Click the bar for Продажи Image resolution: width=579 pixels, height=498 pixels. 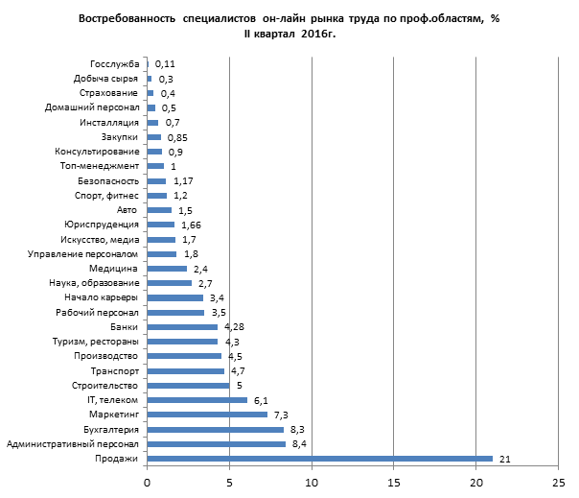[x=319, y=459]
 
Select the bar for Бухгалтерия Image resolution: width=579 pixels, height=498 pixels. [x=216, y=429]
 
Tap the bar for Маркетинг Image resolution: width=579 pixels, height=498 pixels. [x=207, y=415]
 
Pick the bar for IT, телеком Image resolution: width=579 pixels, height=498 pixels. [x=197, y=400]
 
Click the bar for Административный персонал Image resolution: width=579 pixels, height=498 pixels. [x=217, y=444]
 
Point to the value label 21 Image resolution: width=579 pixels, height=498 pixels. [x=504, y=460]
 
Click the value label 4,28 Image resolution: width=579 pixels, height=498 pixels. [x=235, y=327]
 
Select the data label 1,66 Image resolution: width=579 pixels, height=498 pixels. [x=191, y=225]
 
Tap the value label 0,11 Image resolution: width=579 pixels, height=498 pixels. [x=165, y=63]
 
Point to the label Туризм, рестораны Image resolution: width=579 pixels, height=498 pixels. [x=96, y=342]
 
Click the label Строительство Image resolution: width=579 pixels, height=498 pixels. [x=105, y=386]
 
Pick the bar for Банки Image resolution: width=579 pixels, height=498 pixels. [x=182, y=327]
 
